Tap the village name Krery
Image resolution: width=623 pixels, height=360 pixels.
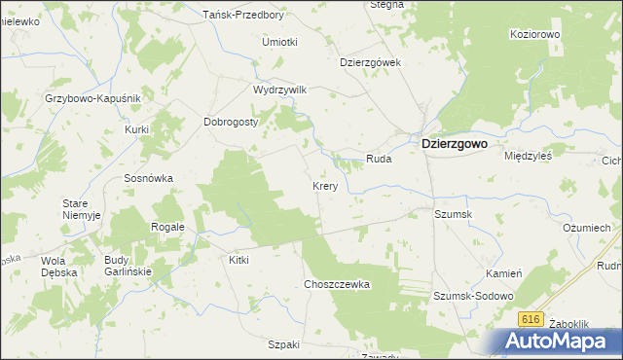(325, 186)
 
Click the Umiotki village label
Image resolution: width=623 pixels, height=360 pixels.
(279, 42)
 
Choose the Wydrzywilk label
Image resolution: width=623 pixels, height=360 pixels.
(279, 89)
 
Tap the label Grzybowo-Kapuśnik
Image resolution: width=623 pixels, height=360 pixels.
(93, 98)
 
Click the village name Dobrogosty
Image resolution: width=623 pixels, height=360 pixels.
(230, 122)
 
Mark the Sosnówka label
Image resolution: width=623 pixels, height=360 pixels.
(148, 178)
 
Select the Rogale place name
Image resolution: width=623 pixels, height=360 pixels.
(167, 227)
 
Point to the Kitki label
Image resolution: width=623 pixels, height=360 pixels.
(238, 260)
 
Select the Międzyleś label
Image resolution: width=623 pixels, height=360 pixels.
(529, 155)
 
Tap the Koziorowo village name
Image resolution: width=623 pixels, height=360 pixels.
(536, 34)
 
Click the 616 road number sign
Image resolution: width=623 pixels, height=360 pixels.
(531, 319)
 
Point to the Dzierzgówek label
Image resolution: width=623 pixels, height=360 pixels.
(370, 61)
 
